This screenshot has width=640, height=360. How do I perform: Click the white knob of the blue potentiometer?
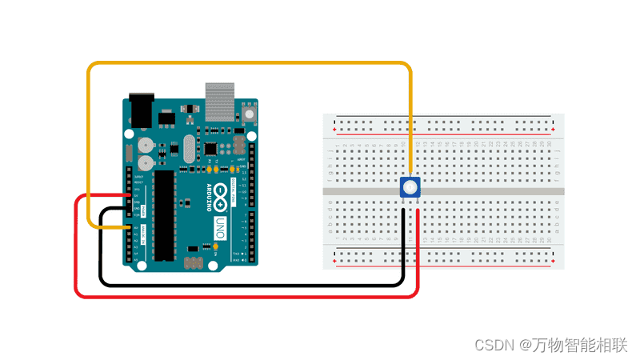coord(410,188)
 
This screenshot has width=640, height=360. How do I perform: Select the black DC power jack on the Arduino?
coord(138,110)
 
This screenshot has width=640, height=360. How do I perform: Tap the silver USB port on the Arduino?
coord(222,100)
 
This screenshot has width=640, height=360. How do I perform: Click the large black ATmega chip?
coord(165,214)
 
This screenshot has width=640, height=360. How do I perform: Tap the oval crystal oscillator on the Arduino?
coord(189,148)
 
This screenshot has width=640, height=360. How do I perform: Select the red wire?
coord(240,297)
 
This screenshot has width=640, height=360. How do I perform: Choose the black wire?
coord(240,283)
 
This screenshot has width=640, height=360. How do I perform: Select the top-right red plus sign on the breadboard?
coord(554,130)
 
